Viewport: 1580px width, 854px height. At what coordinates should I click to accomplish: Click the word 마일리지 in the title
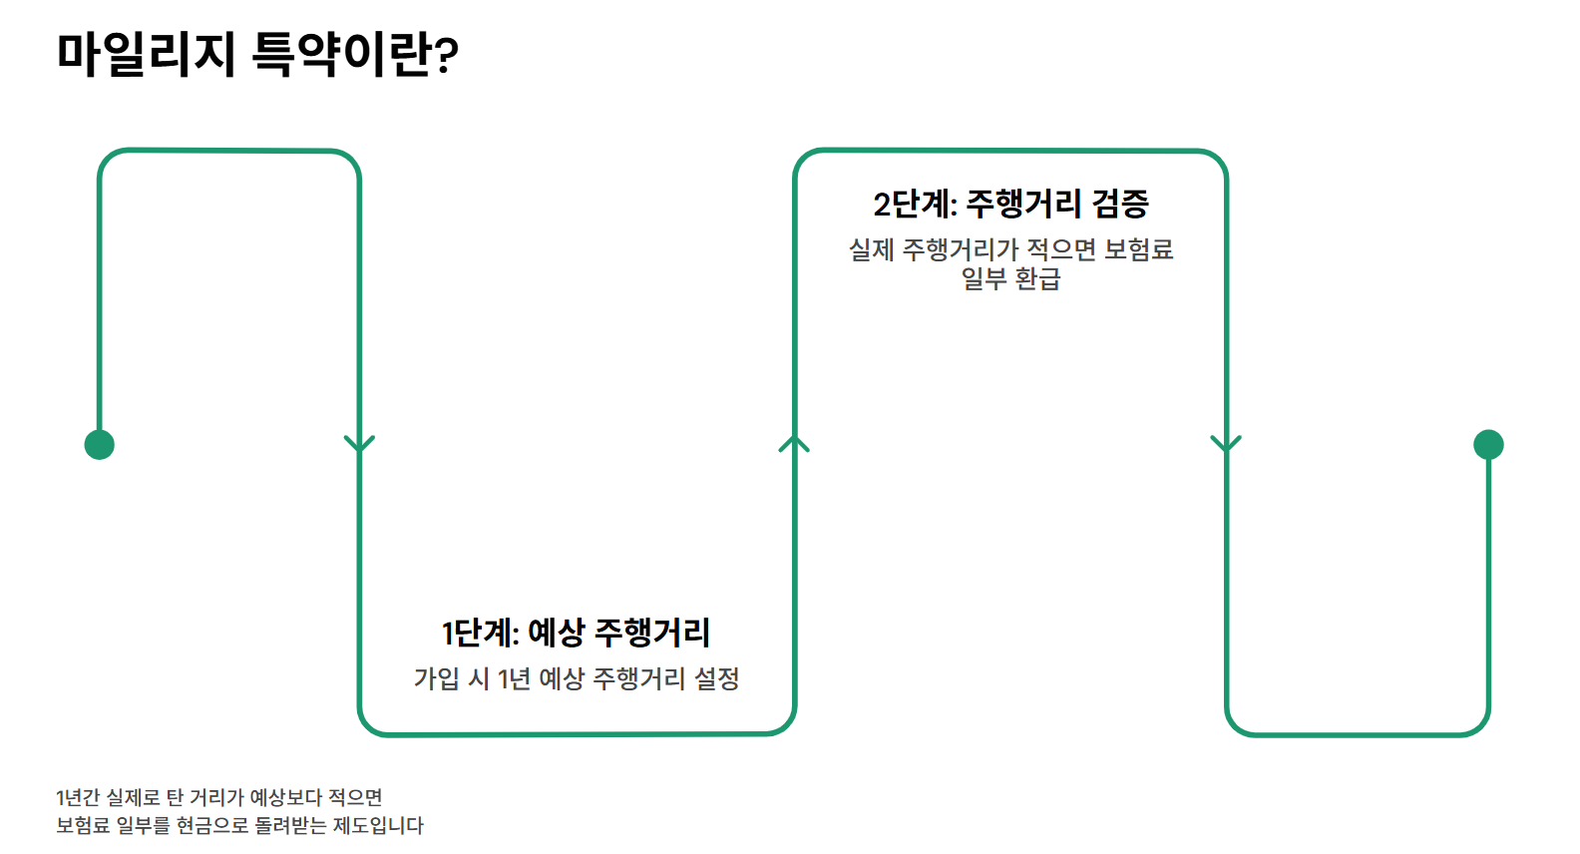click(146, 54)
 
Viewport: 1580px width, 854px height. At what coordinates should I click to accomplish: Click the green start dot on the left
click(100, 444)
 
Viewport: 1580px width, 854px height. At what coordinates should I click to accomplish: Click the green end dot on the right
click(1488, 444)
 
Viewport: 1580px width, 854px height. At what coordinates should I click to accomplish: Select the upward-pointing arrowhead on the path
click(794, 444)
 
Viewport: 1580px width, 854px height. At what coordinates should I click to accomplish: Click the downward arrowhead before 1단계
click(359, 444)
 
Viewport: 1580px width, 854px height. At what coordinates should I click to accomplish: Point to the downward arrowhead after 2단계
click(1226, 444)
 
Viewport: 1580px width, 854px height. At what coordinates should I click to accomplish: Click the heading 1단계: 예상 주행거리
click(576, 632)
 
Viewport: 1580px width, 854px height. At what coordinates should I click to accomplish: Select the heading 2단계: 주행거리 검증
click(1010, 204)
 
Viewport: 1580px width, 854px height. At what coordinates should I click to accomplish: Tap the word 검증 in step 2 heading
click(1120, 204)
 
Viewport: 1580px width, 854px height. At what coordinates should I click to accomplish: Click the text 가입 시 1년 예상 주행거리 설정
click(577, 678)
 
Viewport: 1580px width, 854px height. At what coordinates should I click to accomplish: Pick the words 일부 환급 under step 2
click(1010, 278)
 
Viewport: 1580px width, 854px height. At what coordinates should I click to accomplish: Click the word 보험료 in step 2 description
click(1138, 249)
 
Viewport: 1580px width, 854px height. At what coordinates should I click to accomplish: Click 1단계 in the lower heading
click(480, 632)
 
